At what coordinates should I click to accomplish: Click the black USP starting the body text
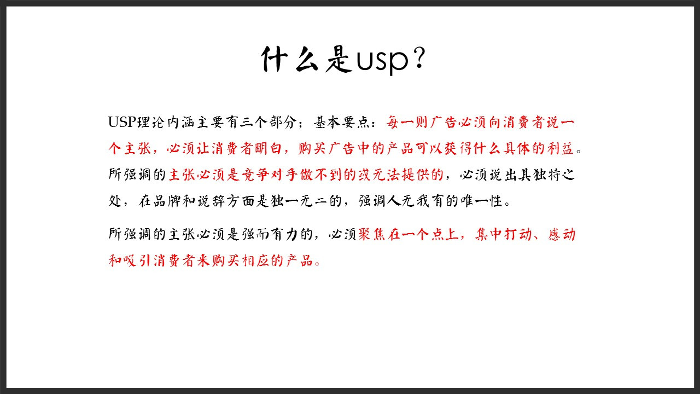[x=122, y=122]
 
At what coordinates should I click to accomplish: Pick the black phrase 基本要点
[x=342, y=122]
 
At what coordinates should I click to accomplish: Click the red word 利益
[x=561, y=148]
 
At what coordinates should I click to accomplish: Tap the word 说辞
[x=211, y=201]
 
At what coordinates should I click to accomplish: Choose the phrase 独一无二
[x=299, y=201]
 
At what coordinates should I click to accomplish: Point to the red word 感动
[x=562, y=234]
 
